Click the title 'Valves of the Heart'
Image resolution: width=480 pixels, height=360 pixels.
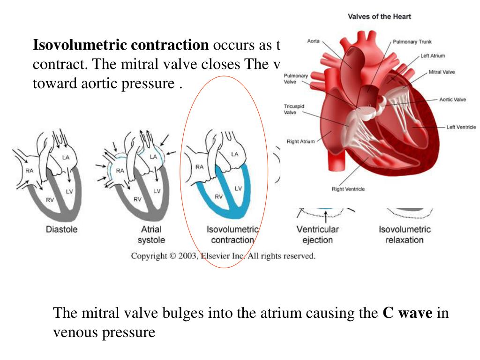[379, 16]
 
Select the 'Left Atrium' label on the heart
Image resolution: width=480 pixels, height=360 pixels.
[433, 56]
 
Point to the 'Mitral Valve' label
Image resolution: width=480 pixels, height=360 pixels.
[442, 72]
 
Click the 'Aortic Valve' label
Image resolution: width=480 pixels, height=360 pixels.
[452, 99]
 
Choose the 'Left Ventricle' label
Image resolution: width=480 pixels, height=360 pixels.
[461, 127]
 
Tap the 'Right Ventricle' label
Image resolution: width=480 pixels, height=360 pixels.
[348, 189]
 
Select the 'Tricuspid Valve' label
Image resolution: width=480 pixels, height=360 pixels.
[294, 109]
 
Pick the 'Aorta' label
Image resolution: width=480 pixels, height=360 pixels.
[313, 41]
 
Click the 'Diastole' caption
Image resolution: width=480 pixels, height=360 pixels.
[61, 230]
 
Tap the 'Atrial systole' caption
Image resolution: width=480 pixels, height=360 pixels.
[151, 234]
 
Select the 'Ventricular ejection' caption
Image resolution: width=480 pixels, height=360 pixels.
[317, 234]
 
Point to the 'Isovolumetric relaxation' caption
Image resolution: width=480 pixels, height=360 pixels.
[405, 234]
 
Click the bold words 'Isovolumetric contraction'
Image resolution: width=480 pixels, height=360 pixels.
[120, 45]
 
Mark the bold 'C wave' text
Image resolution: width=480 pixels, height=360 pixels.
[407, 313]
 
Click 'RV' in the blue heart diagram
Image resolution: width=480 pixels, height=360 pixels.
[219, 197]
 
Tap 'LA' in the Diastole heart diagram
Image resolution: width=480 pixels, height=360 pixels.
[66, 157]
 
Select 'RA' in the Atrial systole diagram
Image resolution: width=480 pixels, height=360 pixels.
[120, 171]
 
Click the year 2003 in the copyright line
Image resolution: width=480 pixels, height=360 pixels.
[186, 256]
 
